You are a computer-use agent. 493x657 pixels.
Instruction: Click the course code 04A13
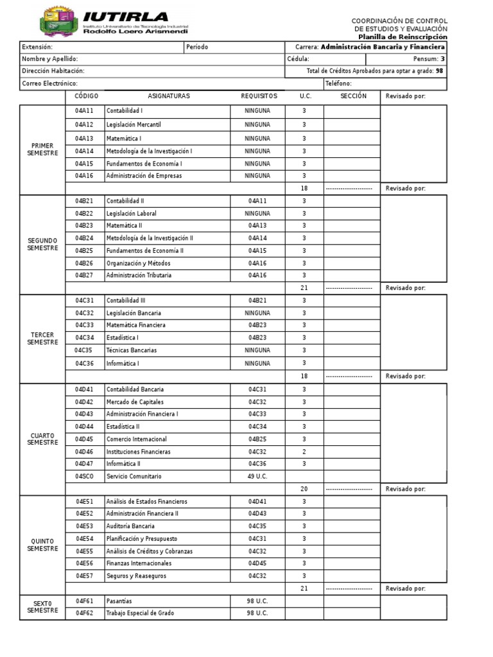coord(84,139)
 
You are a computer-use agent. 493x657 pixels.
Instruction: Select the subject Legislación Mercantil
coord(134,124)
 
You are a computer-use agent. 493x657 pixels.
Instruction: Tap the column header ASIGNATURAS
coord(169,96)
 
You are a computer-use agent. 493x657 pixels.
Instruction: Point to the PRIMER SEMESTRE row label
coord(42,149)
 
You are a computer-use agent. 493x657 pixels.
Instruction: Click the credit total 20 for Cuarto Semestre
coord(304,489)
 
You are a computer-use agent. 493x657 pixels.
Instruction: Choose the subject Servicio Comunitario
coord(134,477)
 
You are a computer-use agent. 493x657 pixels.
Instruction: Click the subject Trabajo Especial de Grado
coord(140,613)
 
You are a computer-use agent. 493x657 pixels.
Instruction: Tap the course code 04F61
coord(84,601)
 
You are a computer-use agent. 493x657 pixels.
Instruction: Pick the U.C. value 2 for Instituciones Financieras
coord(304,452)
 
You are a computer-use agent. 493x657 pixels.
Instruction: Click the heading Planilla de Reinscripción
coord(402,37)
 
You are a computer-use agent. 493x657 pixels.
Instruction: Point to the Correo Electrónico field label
coord(49,83)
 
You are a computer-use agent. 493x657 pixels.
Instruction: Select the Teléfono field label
coord(338,83)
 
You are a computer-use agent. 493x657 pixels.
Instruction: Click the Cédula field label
coord(298,59)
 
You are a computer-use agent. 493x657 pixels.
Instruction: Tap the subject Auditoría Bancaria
coord(130,526)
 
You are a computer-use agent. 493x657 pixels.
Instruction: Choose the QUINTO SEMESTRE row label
coord(42,545)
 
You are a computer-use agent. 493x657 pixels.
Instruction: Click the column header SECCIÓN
coord(353,96)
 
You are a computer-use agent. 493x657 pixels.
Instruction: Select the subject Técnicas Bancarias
coord(132,350)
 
